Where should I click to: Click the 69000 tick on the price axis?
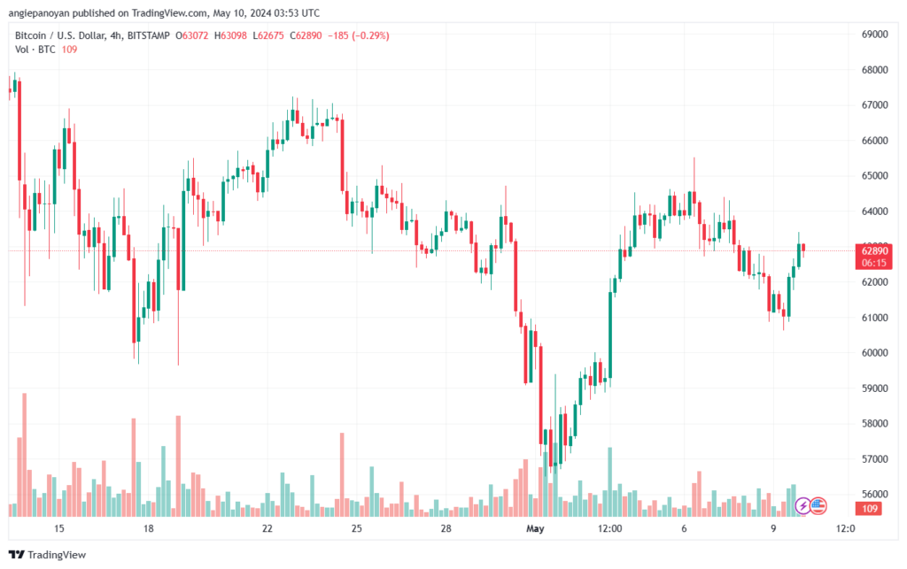pyautogui.click(x=875, y=35)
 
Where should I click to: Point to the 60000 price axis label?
pyautogui.click(x=875, y=353)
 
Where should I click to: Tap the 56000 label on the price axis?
pyautogui.click(x=875, y=495)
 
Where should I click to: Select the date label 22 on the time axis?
pyautogui.click(x=267, y=528)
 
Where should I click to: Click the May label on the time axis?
pyautogui.click(x=534, y=528)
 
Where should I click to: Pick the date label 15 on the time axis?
pyautogui.click(x=59, y=528)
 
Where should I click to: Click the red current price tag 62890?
pyautogui.click(x=874, y=250)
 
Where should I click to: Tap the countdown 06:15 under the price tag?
pyautogui.click(x=874, y=263)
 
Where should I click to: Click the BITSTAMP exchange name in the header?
pyautogui.click(x=148, y=35)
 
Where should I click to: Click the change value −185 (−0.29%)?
pyautogui.click(x=358, y=35)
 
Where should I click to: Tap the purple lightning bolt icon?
pyautogui.click(x=802, y=505)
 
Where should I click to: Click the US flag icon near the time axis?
pyautogui.click(x=818, y=505)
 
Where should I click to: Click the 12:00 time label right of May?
pyautogui.click(x=610, y=528)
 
